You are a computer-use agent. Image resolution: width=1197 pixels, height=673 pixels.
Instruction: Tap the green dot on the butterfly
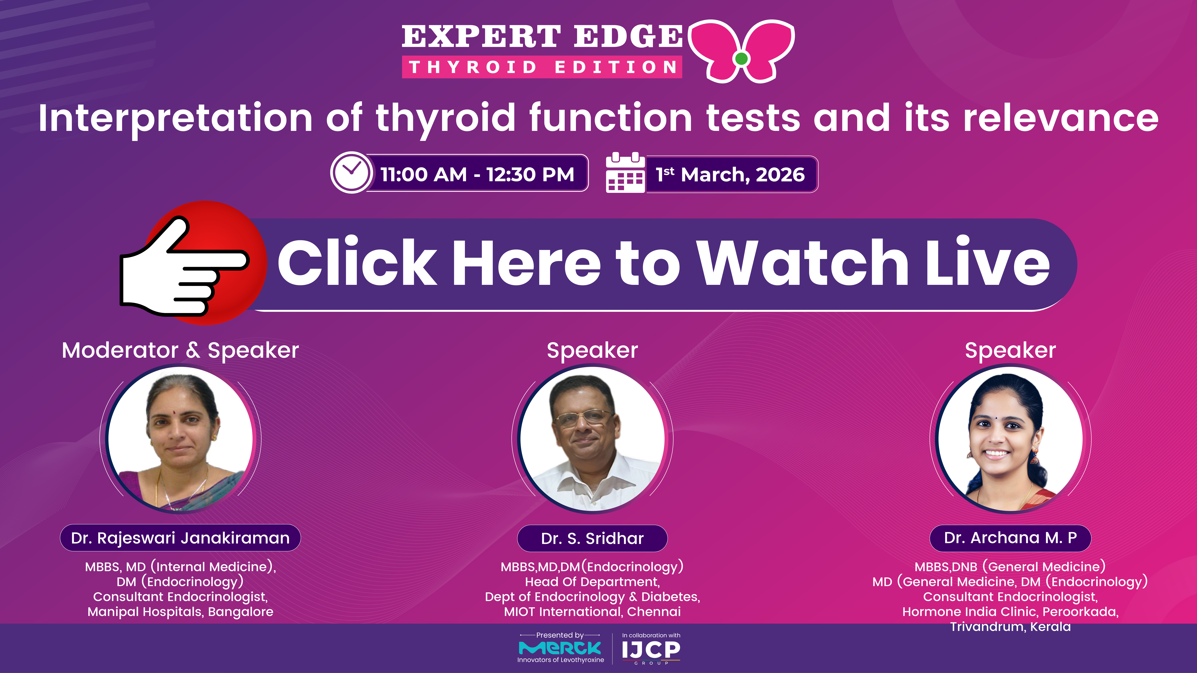click(742, 59)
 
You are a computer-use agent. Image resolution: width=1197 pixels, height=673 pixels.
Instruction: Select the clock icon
click(351, 172)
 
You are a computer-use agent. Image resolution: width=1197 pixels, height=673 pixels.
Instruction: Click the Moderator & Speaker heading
click(180, 350)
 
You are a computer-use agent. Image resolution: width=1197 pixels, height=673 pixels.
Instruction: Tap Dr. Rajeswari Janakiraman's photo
click(180, 439)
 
